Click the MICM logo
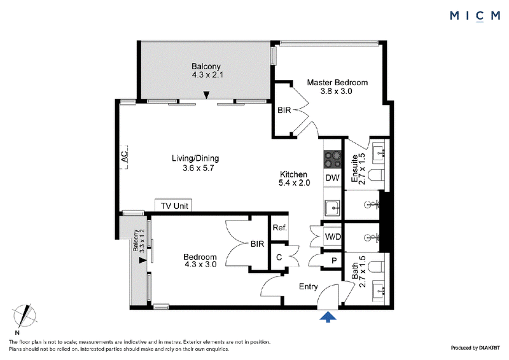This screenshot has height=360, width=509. (x=475, y=16)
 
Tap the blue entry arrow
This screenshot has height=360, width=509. (x=328, y=317)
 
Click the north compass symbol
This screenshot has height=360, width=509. (x=24, y=317)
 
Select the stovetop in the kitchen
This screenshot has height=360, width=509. (x=333, y=160)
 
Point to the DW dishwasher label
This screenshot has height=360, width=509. (x=332, y=177)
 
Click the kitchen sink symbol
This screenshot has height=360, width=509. (x=332, y=208)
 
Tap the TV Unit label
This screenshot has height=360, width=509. (x=174, y=206)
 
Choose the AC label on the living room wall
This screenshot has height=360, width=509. (x=124, y=158)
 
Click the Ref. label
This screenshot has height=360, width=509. (x=280, y=228)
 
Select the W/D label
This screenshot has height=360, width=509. (x=333, y=237)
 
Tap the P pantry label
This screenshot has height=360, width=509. (x=333, y=261)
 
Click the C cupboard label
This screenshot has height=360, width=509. (x=279, y=258)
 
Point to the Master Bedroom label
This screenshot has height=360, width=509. (x=337, y=83)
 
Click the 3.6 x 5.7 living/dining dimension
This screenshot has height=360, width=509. (x=198, y=168)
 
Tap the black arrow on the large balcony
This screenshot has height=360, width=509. (x=206, y=95)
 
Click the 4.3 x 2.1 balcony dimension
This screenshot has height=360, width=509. (x=207, y=75)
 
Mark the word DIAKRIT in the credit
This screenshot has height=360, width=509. (x=489, y=348)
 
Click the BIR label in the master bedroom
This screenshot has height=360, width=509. (x=284, y=111)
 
